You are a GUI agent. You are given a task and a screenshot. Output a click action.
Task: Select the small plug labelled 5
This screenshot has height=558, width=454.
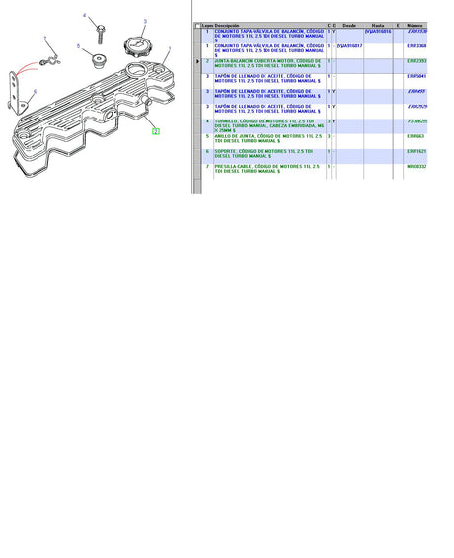98,60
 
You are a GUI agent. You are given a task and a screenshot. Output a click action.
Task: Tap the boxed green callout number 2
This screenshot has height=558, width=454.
154,130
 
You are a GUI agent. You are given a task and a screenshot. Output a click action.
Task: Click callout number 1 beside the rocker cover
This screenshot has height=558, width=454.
169,48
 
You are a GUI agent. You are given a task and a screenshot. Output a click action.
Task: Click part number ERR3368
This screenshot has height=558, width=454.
416,45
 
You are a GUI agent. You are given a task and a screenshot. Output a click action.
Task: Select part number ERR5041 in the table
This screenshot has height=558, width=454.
416,75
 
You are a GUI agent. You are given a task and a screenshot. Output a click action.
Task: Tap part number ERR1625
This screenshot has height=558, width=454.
416,151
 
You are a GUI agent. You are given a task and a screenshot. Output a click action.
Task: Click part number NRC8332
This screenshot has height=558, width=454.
416,166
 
